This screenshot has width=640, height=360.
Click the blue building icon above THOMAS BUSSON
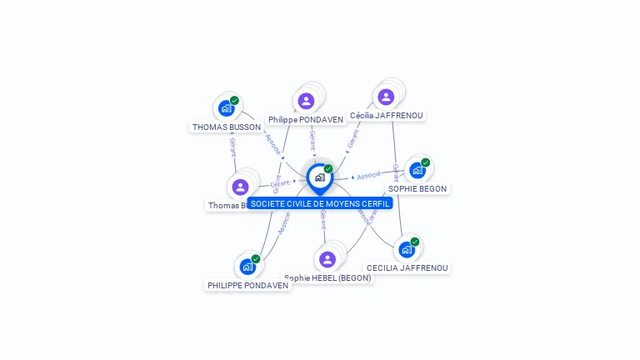coord(226,108)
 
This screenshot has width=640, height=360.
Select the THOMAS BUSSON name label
coord(227,127)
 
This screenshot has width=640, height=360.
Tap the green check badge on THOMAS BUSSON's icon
coord(234,101)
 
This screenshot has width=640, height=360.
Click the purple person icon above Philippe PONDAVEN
coord(306,101)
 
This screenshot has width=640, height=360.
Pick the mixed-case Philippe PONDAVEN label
coord(306,120)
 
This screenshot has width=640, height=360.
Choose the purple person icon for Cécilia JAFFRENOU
coord(386,97)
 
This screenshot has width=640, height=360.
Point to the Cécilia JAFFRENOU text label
coord(386,116)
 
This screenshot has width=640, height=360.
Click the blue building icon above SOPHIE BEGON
coord(417,170)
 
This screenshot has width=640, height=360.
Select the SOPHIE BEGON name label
coord(417,189)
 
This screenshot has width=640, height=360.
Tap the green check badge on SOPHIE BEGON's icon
coord(425,162)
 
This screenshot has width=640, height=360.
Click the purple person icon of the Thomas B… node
coord(241,187)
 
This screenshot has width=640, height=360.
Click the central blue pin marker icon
coord(319,177)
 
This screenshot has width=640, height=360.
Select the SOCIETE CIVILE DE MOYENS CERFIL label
coord(320,203)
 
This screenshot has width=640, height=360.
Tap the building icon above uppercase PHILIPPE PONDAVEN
coord(247,266)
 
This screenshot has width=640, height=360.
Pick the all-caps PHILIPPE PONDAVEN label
coord(248,285)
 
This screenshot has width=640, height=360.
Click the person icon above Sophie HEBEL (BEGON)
coord(327,259)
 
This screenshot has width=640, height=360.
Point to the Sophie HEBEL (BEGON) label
coord(327,278)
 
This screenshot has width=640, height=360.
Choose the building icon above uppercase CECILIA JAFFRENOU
coord(407,249)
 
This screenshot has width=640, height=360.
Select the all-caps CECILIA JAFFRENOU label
coord(407,268)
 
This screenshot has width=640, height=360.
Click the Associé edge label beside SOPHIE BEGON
coord(368,175)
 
